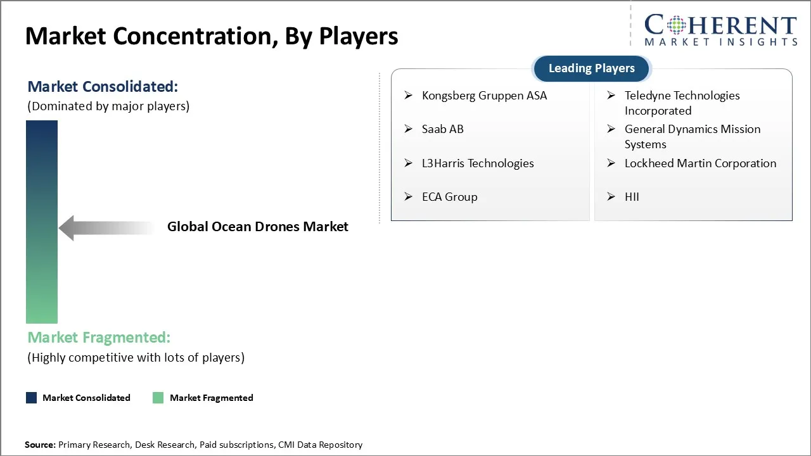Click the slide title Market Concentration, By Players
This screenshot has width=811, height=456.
[212, 36]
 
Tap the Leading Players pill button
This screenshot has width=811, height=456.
[591, 68]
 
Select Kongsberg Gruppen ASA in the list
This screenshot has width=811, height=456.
[484, 96]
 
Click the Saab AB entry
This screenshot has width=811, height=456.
[442, 129]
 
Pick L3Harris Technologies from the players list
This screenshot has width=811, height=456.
[477, 163]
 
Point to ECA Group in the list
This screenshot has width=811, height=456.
[449, 197]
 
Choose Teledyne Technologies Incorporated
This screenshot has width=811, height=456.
[682, 103]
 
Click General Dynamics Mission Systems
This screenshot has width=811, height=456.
[692, 136]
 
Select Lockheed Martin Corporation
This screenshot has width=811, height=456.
[700, 163]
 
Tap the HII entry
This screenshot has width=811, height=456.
[632, 197]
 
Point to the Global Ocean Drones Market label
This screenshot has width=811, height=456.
[257, 227]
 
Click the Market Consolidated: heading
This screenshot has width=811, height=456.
[103, 87]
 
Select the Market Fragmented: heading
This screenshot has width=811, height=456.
[99, 338]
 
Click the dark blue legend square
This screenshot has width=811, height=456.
[31, 398]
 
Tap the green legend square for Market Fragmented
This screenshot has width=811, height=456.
[158, 398]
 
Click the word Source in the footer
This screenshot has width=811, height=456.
[40, 445]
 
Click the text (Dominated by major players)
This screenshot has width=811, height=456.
[108, 106]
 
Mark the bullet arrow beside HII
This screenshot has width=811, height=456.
[611, 197]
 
